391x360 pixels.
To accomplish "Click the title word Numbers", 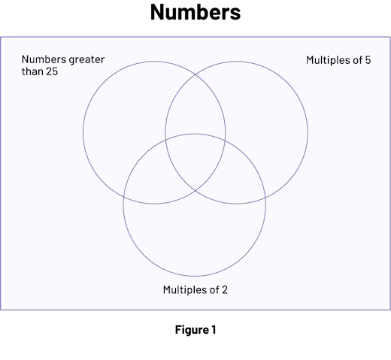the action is (x=195, y=12).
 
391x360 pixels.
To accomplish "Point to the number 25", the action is (x=52, y=71).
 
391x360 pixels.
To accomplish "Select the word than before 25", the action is (x=32, y=71).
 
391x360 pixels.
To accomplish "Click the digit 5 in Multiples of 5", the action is (x=368, y=60).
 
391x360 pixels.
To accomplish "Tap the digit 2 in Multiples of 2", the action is (x=225, y=290).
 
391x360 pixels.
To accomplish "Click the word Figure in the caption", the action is (x=192, y=330).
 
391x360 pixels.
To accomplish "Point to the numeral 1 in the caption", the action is (x=214, y=330).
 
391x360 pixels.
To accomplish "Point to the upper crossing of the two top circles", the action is (x=195, y=74).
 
